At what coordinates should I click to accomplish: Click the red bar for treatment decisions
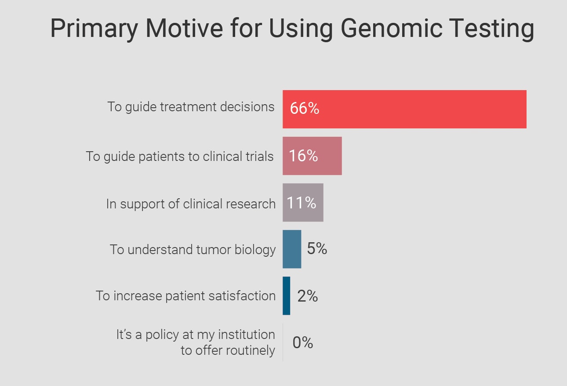[404, 109]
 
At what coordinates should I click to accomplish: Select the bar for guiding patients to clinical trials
[312, 156]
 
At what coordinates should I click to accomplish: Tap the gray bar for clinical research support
[303, 203]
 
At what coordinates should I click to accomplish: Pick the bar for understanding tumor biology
[292, 249]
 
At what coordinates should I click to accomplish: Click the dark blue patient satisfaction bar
[286, 296]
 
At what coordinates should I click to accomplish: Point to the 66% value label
[305, 109]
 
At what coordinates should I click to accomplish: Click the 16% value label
[303, 156]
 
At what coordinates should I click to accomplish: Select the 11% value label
[302, 203]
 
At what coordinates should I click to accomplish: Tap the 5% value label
[317, 249]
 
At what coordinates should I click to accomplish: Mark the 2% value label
[307, 296]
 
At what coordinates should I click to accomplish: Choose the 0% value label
[302, 342]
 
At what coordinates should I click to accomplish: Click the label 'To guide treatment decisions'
[191, 107]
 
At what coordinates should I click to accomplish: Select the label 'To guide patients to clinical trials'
[180, 157]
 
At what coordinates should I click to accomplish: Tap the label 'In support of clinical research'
[191, 204]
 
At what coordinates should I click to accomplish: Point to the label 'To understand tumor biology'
[193, 250]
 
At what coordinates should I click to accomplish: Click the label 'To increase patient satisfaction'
[185, 296]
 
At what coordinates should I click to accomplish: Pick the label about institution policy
[196, 342]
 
